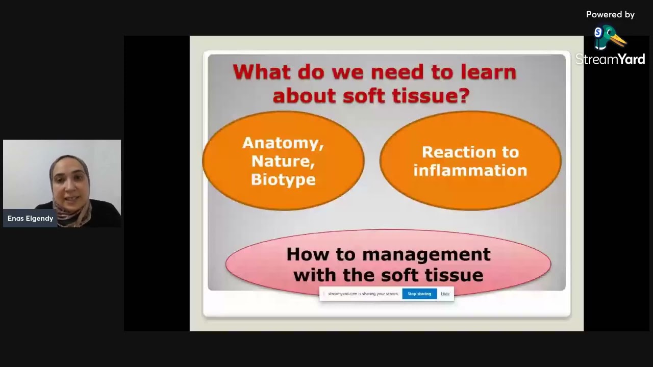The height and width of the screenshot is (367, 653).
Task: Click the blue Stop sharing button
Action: click(x=419, y=294)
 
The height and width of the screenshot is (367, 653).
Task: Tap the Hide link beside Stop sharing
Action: click(x=445, y=294)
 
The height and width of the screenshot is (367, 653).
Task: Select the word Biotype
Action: click(x=283, y=180)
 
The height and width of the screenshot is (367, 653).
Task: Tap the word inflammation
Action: click(x=470, y=171)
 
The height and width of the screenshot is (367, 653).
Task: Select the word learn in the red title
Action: click(x=488, y=72)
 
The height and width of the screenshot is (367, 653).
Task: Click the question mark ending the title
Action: click(x=464, y=95)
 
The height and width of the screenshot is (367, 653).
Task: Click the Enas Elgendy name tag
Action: click(x=31, y=218)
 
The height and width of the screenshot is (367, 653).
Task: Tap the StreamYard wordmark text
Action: click(x=610, y=60)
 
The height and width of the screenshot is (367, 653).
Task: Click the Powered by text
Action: click(x=610, y=15)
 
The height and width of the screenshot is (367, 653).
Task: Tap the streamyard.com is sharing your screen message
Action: click(x=363, y=294)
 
